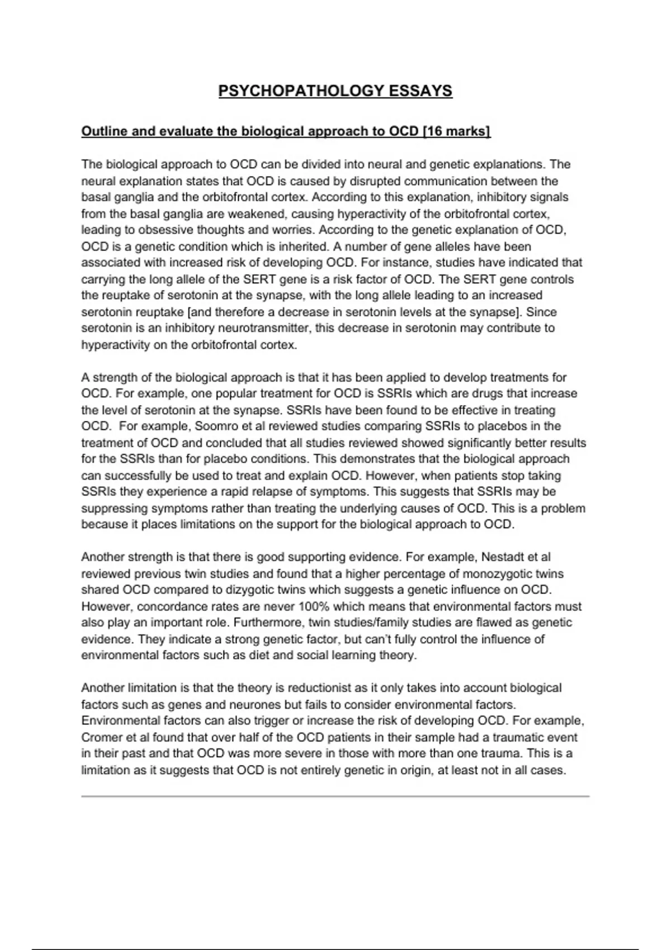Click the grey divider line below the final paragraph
tap(335, 796)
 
